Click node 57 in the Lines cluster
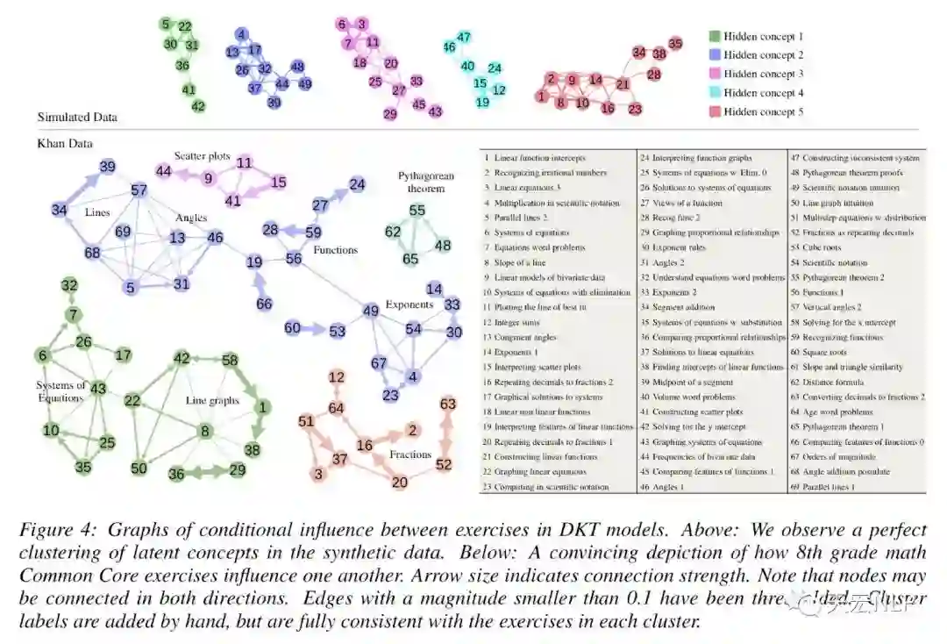tap(139, 190)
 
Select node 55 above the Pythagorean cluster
tap(417, 211)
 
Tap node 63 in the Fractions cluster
tap(448, 404)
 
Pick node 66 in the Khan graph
tap(264, 304)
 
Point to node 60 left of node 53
tap(292, 328)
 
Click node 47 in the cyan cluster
tap(465, 38)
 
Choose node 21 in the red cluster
tap(623, 84)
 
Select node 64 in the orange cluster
tap(337, 408)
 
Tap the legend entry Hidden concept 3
tap(763, 75)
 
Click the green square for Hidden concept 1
tap(714, 37)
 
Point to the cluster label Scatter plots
tap(202, 156)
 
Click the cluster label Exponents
tap(409, 305)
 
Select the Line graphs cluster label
tap(212, 401)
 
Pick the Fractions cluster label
tap(410, 454)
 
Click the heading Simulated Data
tap(77, 117)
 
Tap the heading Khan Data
tap(65, 143)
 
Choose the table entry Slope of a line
tap(520, 262)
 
